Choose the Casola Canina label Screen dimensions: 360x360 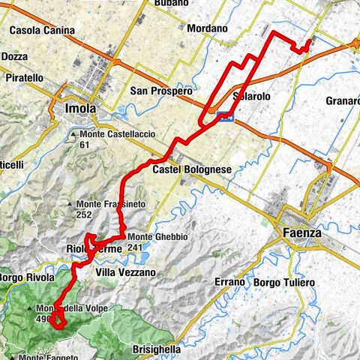(x=43, y=31)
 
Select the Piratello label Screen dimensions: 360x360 (x=26, y=78)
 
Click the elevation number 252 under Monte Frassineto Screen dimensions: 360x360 (x=83, y=214)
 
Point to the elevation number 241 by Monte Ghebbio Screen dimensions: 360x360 (x=135, y=247)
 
